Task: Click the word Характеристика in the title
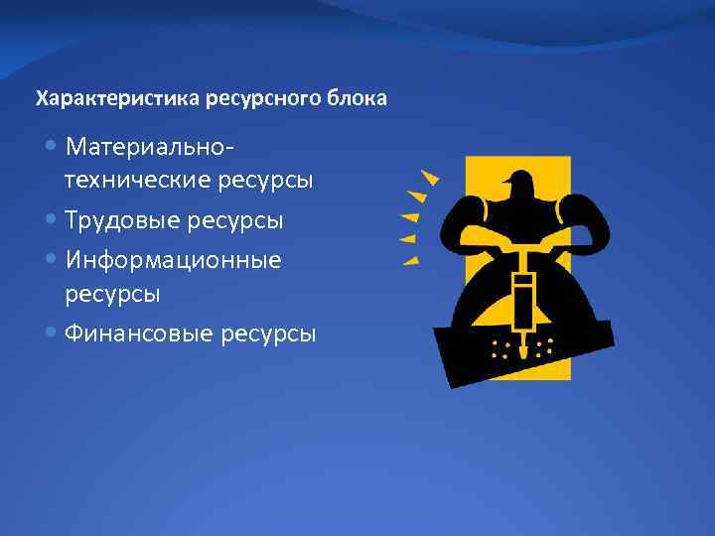click(119, 99)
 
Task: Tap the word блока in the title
click(359, 99)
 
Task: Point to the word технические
click(138, 181)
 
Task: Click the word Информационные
click(174, 260)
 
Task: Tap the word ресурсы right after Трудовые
click(240, 220)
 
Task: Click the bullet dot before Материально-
click(52, 147)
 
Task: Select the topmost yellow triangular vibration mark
click(429, 177)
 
